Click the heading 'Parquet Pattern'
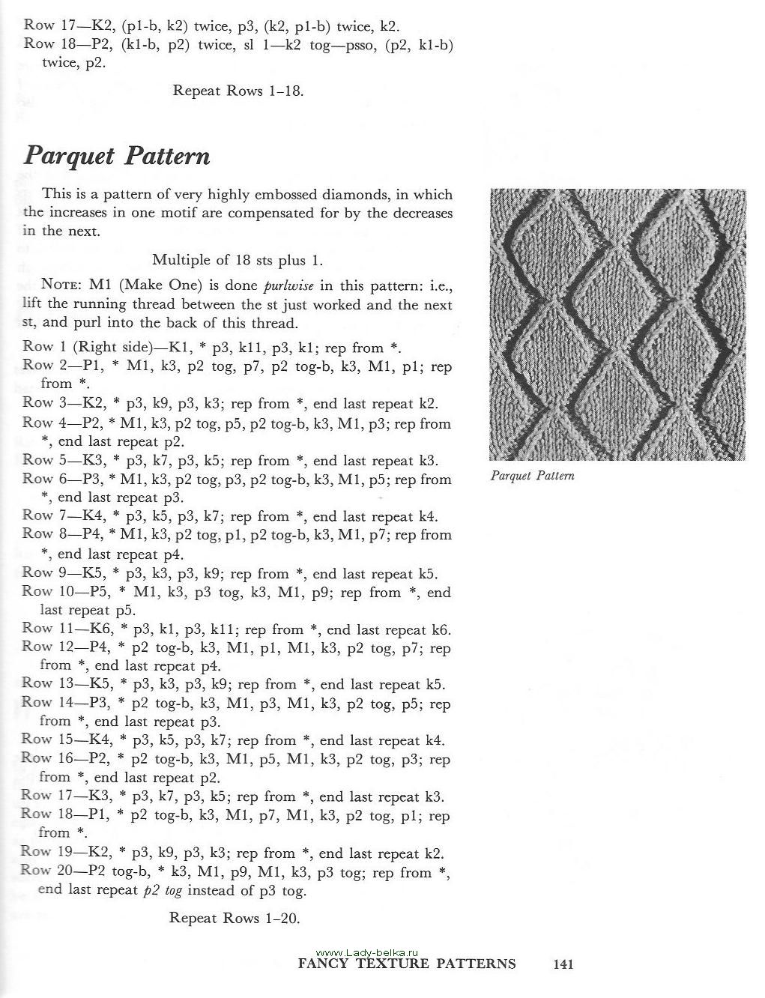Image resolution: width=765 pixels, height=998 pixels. (x=117, y=156)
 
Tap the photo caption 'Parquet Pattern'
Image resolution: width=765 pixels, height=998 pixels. (x=532, y=476)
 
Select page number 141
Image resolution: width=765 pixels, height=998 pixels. (x=563, y=964)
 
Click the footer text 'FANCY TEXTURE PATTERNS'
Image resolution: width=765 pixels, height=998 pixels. (x=407, y=964)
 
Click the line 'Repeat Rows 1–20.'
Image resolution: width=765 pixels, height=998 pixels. (x=235, y=918)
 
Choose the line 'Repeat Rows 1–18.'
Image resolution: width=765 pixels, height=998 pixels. (x=238, y=91)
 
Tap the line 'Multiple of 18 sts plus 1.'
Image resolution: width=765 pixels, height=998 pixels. (x=238, y=260)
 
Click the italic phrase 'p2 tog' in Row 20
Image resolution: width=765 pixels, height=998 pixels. (x=163, y=891)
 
